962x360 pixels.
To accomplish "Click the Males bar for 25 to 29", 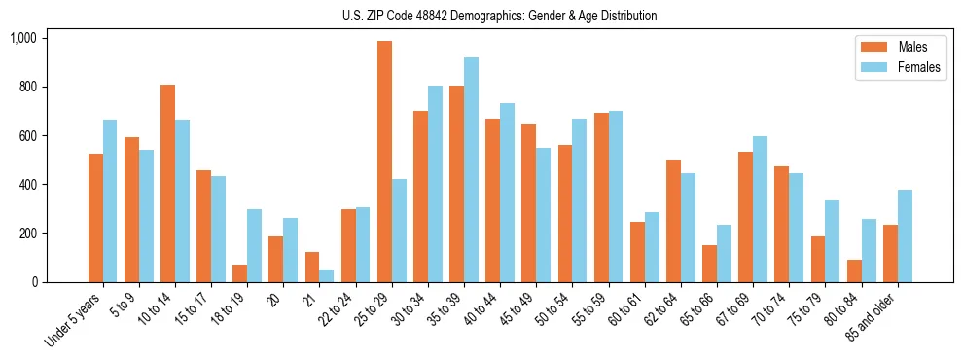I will click(384, 162).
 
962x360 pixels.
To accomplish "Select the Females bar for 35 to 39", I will click(471, 170).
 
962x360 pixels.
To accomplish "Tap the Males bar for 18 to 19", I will click(239, 273).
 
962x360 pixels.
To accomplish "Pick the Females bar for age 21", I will click(326, 275).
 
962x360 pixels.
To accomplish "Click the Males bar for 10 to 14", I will click(167, 183).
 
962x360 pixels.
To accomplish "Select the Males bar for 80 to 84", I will click(854, 270).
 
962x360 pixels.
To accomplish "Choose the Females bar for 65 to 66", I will click(724, 254).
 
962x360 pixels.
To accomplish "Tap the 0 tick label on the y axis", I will click(34, 282).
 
